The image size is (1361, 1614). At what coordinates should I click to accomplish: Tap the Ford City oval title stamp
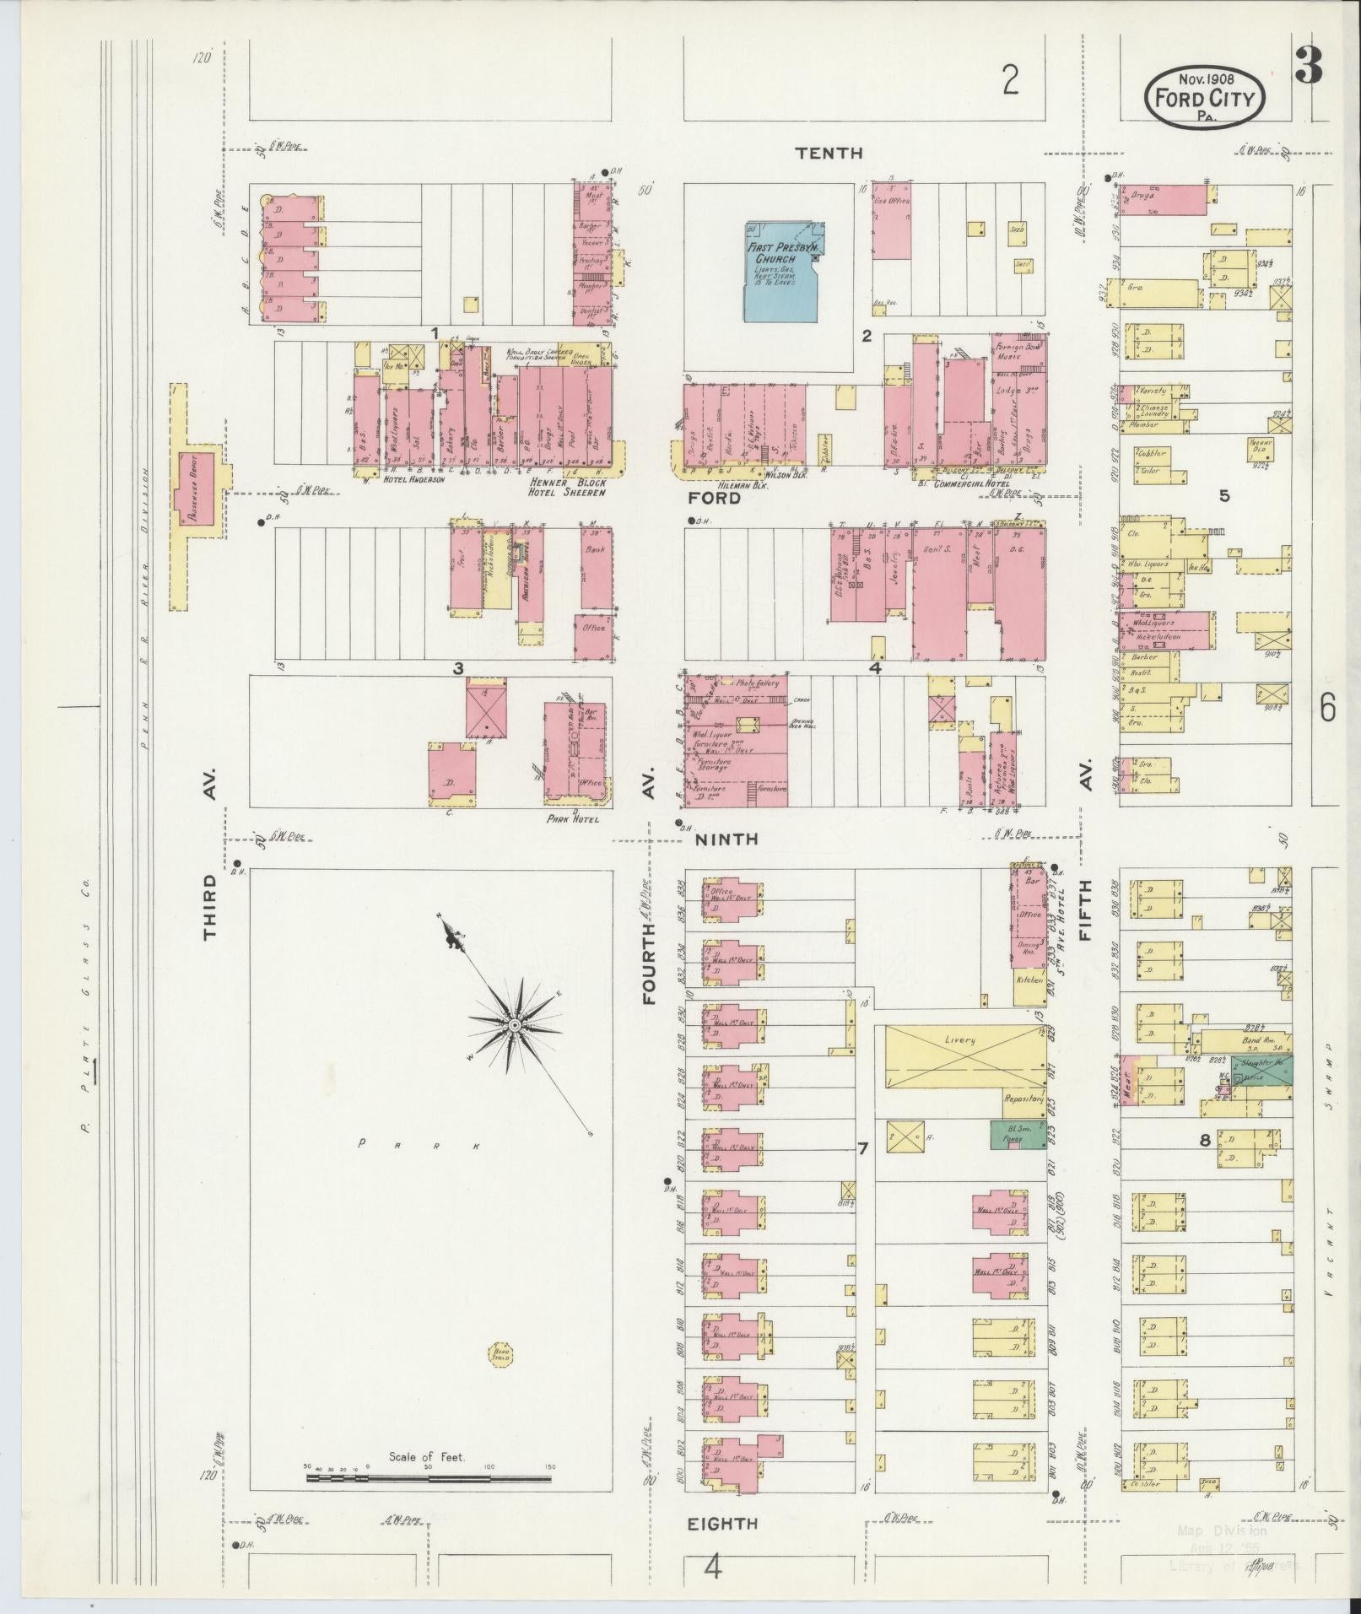tap(1204, 99)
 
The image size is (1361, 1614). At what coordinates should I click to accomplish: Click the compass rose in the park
tap(513, 1024)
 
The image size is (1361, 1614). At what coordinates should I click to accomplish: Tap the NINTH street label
tap(726, 839)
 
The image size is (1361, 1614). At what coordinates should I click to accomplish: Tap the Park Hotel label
tap(573, 818)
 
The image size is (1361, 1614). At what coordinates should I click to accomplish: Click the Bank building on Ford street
tap(597, 568)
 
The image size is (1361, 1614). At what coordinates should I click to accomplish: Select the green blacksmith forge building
tap(1013, 1134)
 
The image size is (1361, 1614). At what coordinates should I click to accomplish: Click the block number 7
tap(862, 1148)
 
